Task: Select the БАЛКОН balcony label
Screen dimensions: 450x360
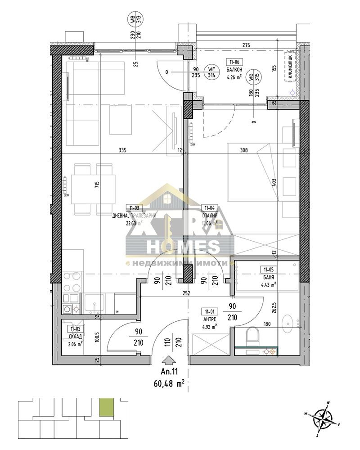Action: (x=234, y=70)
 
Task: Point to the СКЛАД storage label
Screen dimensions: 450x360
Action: (x=69, y=337)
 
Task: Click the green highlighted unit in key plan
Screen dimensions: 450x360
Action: (x=106, y=408)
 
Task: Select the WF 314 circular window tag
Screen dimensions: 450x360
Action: (x=210, y=72)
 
